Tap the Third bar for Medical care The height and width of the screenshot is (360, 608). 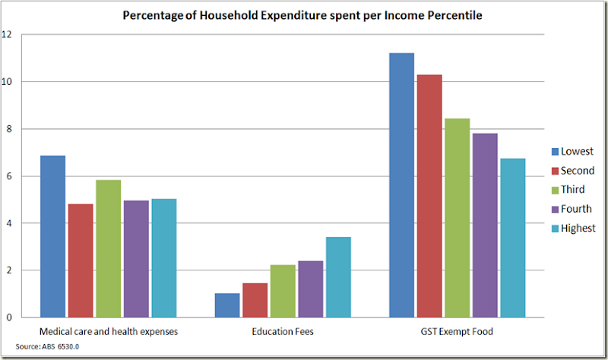tap(108, 248)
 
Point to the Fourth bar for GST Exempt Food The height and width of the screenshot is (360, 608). tap(485, 225)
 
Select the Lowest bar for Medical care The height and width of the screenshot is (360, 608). tap(52, 236)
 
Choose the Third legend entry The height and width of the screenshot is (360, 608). tap(571, 190)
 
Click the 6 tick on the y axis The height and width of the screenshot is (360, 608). tap(8, 176)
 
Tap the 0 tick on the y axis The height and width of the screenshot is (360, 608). tap(8, 317)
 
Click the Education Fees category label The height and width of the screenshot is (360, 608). tap(283, 331)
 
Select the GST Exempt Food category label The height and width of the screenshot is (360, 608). tap(457, 331)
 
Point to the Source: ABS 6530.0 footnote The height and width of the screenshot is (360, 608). tap(37, 346)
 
